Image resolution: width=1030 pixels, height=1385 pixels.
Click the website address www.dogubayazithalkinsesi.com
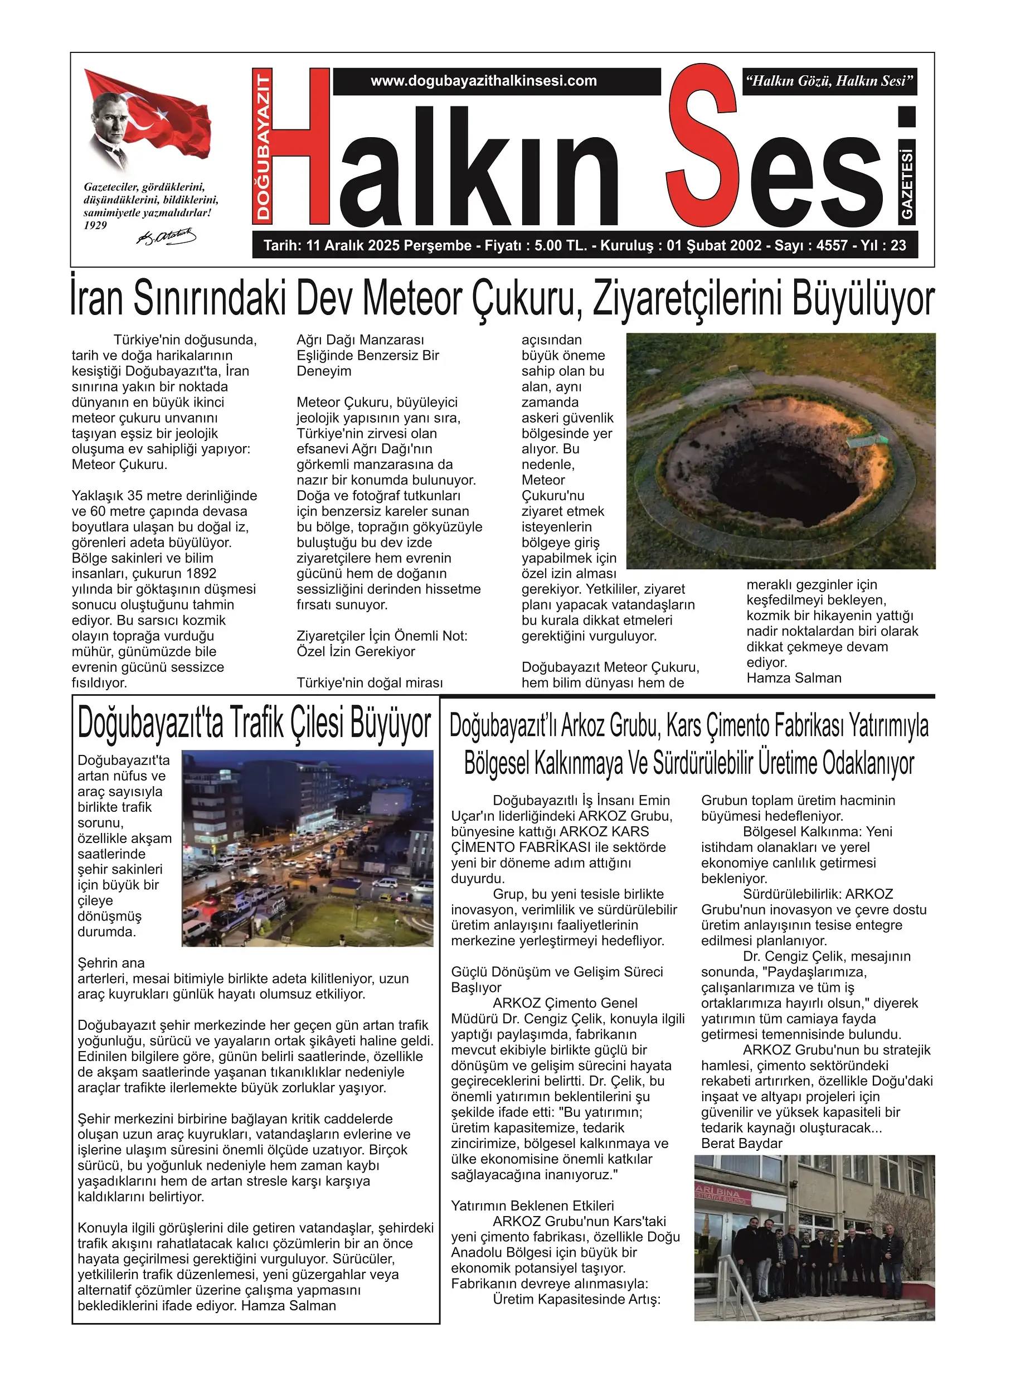pos(483,81)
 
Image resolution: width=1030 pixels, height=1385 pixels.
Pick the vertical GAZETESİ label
pos(907,184)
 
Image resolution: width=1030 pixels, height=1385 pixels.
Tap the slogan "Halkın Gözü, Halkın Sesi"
pos(829,81)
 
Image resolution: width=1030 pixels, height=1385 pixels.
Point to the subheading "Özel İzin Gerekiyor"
pos(356,652)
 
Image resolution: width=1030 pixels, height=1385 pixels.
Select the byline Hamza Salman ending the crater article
pos(794,678)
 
